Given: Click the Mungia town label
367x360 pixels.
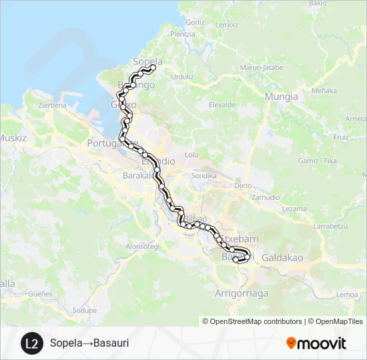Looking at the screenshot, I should coord(281,97).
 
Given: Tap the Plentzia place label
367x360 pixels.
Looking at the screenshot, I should coord(183,34).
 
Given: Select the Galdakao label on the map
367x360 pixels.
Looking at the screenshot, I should coord(282,257).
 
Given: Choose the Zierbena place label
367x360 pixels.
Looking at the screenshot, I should coord(52,105).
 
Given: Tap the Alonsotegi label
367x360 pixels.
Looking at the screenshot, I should coord(142,246).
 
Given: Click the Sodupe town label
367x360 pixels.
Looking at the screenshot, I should coord(85,310).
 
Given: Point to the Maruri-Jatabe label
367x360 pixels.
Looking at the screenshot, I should coord(261,67).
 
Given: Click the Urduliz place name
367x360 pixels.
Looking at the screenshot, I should coord(182,77).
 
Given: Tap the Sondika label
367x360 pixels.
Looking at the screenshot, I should coord(204,175).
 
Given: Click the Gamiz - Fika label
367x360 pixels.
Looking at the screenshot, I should coord(318,161).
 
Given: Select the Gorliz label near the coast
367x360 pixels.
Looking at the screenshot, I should coord(196,22).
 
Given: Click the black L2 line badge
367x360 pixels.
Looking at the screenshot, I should coord(31,343).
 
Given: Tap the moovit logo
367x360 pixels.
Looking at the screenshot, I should coord(316,343).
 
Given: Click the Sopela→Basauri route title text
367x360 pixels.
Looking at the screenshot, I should coord(89,343).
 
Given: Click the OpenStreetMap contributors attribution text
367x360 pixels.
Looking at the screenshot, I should coord(252,321).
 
